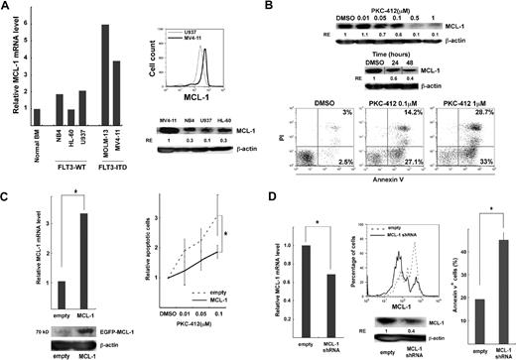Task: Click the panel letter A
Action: click(x=8, y=10)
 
